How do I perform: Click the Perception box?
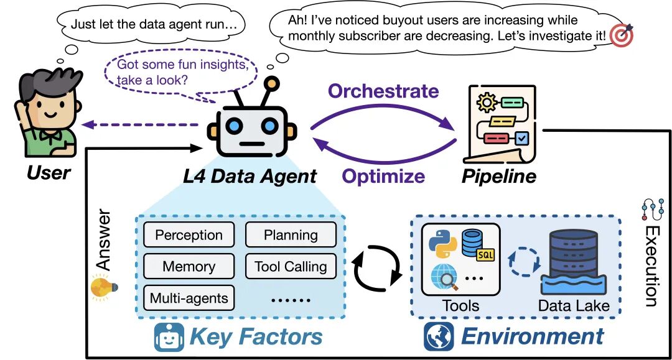click(189, 235)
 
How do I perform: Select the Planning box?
click(291, 235)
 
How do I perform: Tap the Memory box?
click(189, 266)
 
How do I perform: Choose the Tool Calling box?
click(291, 266)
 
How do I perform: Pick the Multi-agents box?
click(189, 298)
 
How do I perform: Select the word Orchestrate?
click(383, 91)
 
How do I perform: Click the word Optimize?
click(383, 176)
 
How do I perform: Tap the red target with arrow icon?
click(620, 35)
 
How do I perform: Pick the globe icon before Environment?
click(439, 336)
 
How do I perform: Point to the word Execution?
click(651, 265)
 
